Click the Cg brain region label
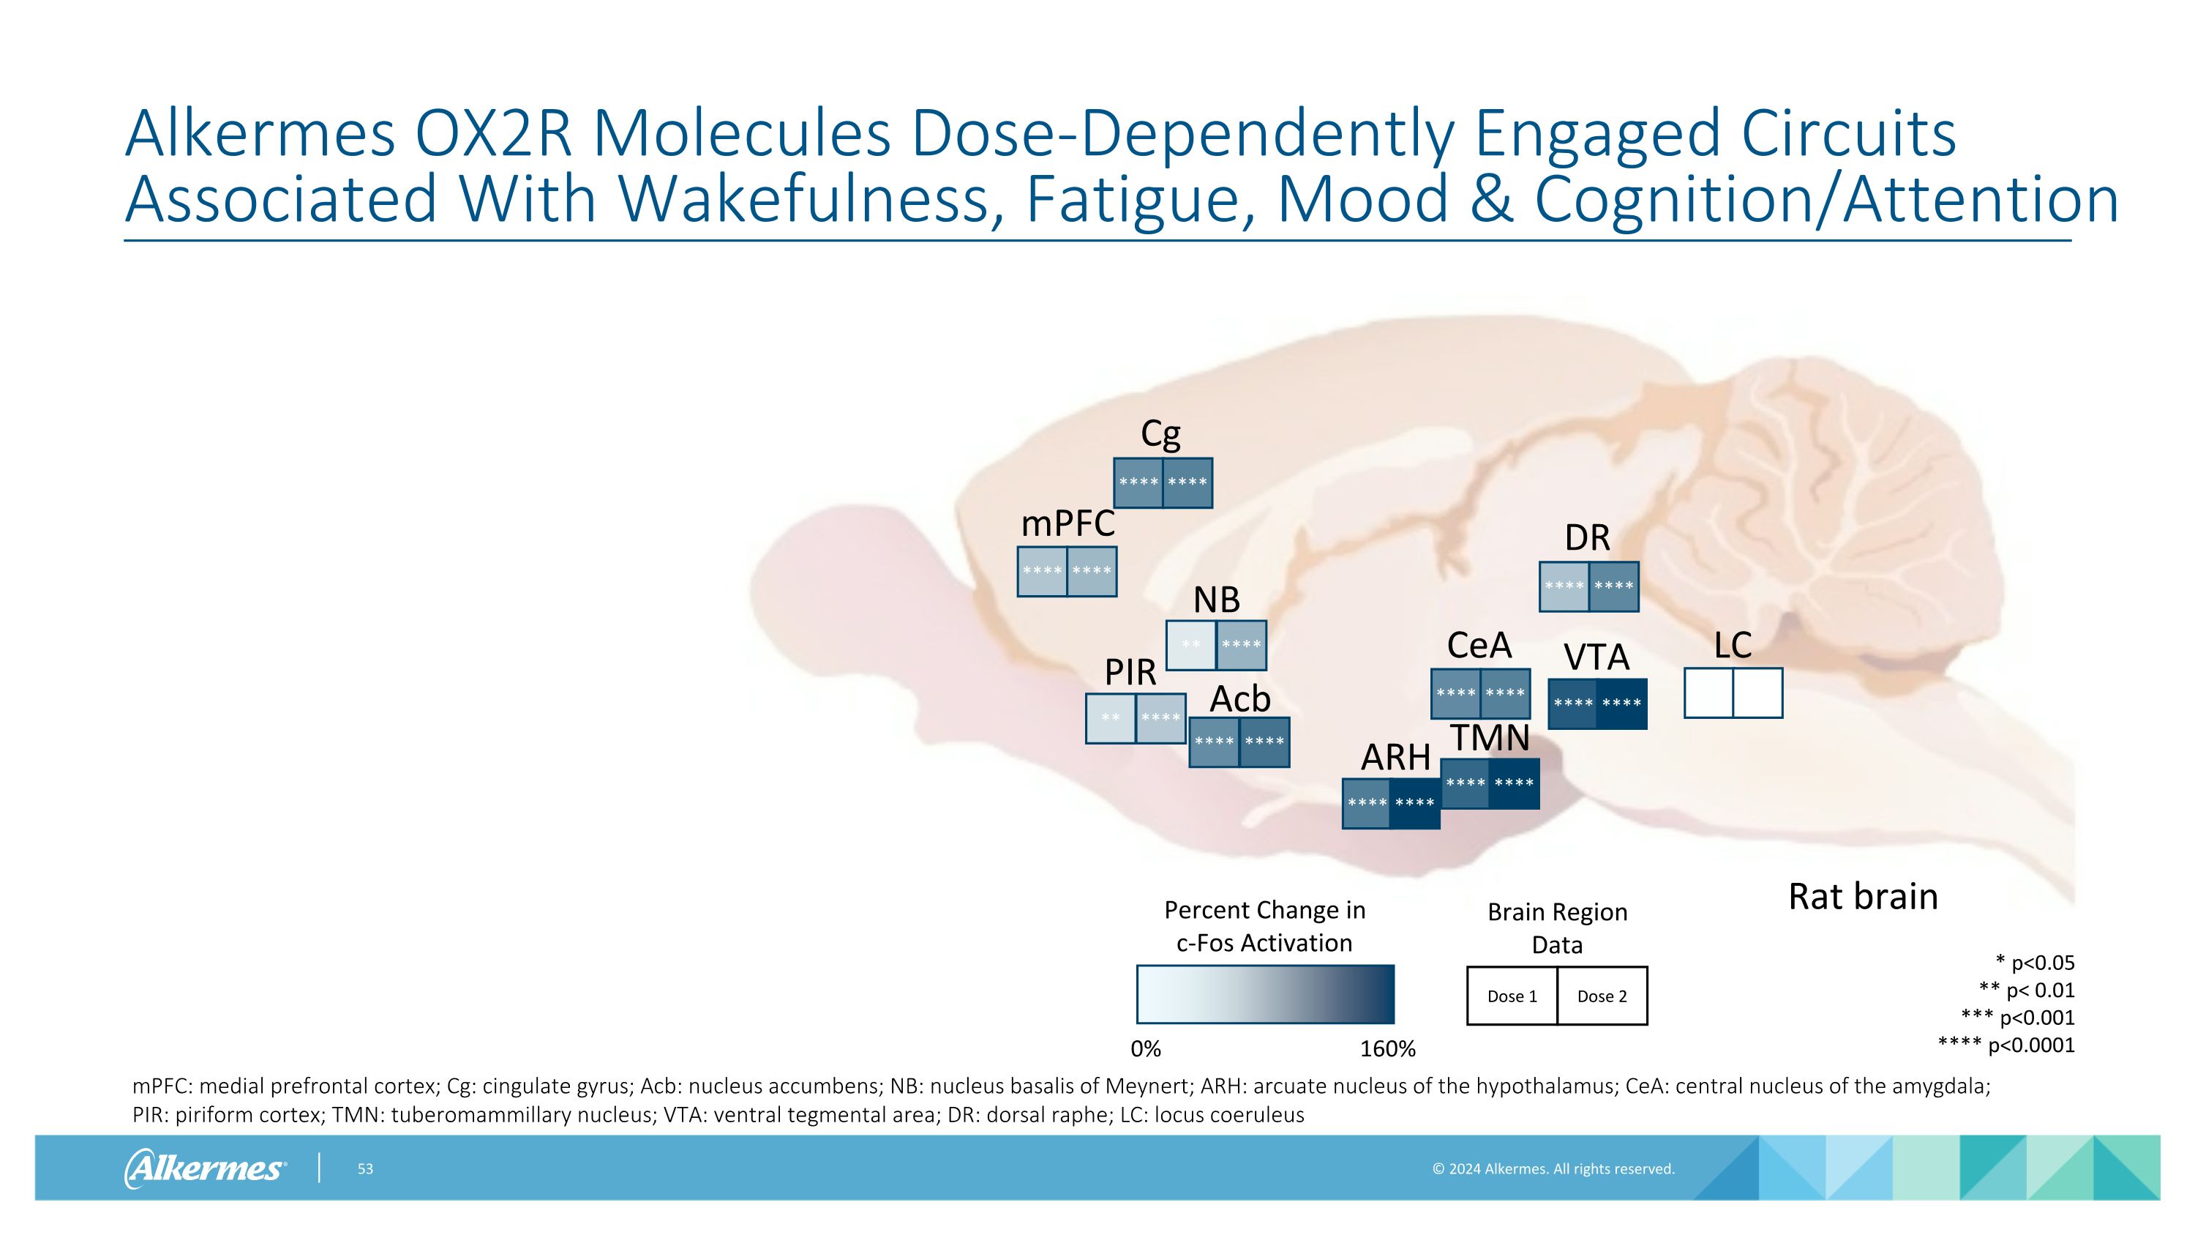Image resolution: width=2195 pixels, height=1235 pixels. click(1160, 435)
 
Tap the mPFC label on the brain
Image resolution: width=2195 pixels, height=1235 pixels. click(1068, 523)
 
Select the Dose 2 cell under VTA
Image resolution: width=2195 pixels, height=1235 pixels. click(1621, 704)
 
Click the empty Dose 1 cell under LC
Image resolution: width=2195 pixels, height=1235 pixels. click(1708, 693)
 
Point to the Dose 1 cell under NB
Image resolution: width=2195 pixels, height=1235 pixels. click(1190, 645)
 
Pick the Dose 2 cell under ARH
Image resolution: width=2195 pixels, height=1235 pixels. click(1415, 803)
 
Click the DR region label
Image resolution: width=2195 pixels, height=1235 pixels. click(1588, 538)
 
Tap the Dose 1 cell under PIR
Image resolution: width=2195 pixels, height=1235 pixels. click(1110, 718)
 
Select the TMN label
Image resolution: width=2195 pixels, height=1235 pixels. click(1490, 738)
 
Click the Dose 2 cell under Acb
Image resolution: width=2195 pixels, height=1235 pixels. click(1264, 742)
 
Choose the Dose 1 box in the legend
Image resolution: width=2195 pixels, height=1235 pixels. click(1512, 996)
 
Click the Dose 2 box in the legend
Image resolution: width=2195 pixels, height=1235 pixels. click(1602, 996)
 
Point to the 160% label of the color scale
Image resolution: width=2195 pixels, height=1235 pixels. click(1387, 1049)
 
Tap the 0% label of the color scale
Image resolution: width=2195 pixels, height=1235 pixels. click(1146, 1049)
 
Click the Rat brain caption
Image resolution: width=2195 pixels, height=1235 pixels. click(1863, 897)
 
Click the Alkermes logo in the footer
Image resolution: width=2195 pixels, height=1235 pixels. click(205, 1168)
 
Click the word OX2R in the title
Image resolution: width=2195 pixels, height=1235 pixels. click(493, 134)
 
